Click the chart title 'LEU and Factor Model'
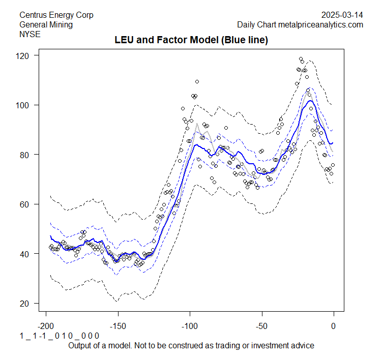tap(191, 40)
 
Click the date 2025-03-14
tap(343, 15)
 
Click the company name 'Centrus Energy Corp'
tap(56, 15)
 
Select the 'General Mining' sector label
tap(46, 24)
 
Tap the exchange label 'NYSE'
tap(30, 34)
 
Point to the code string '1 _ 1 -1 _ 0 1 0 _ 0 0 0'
tap(59, 336)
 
